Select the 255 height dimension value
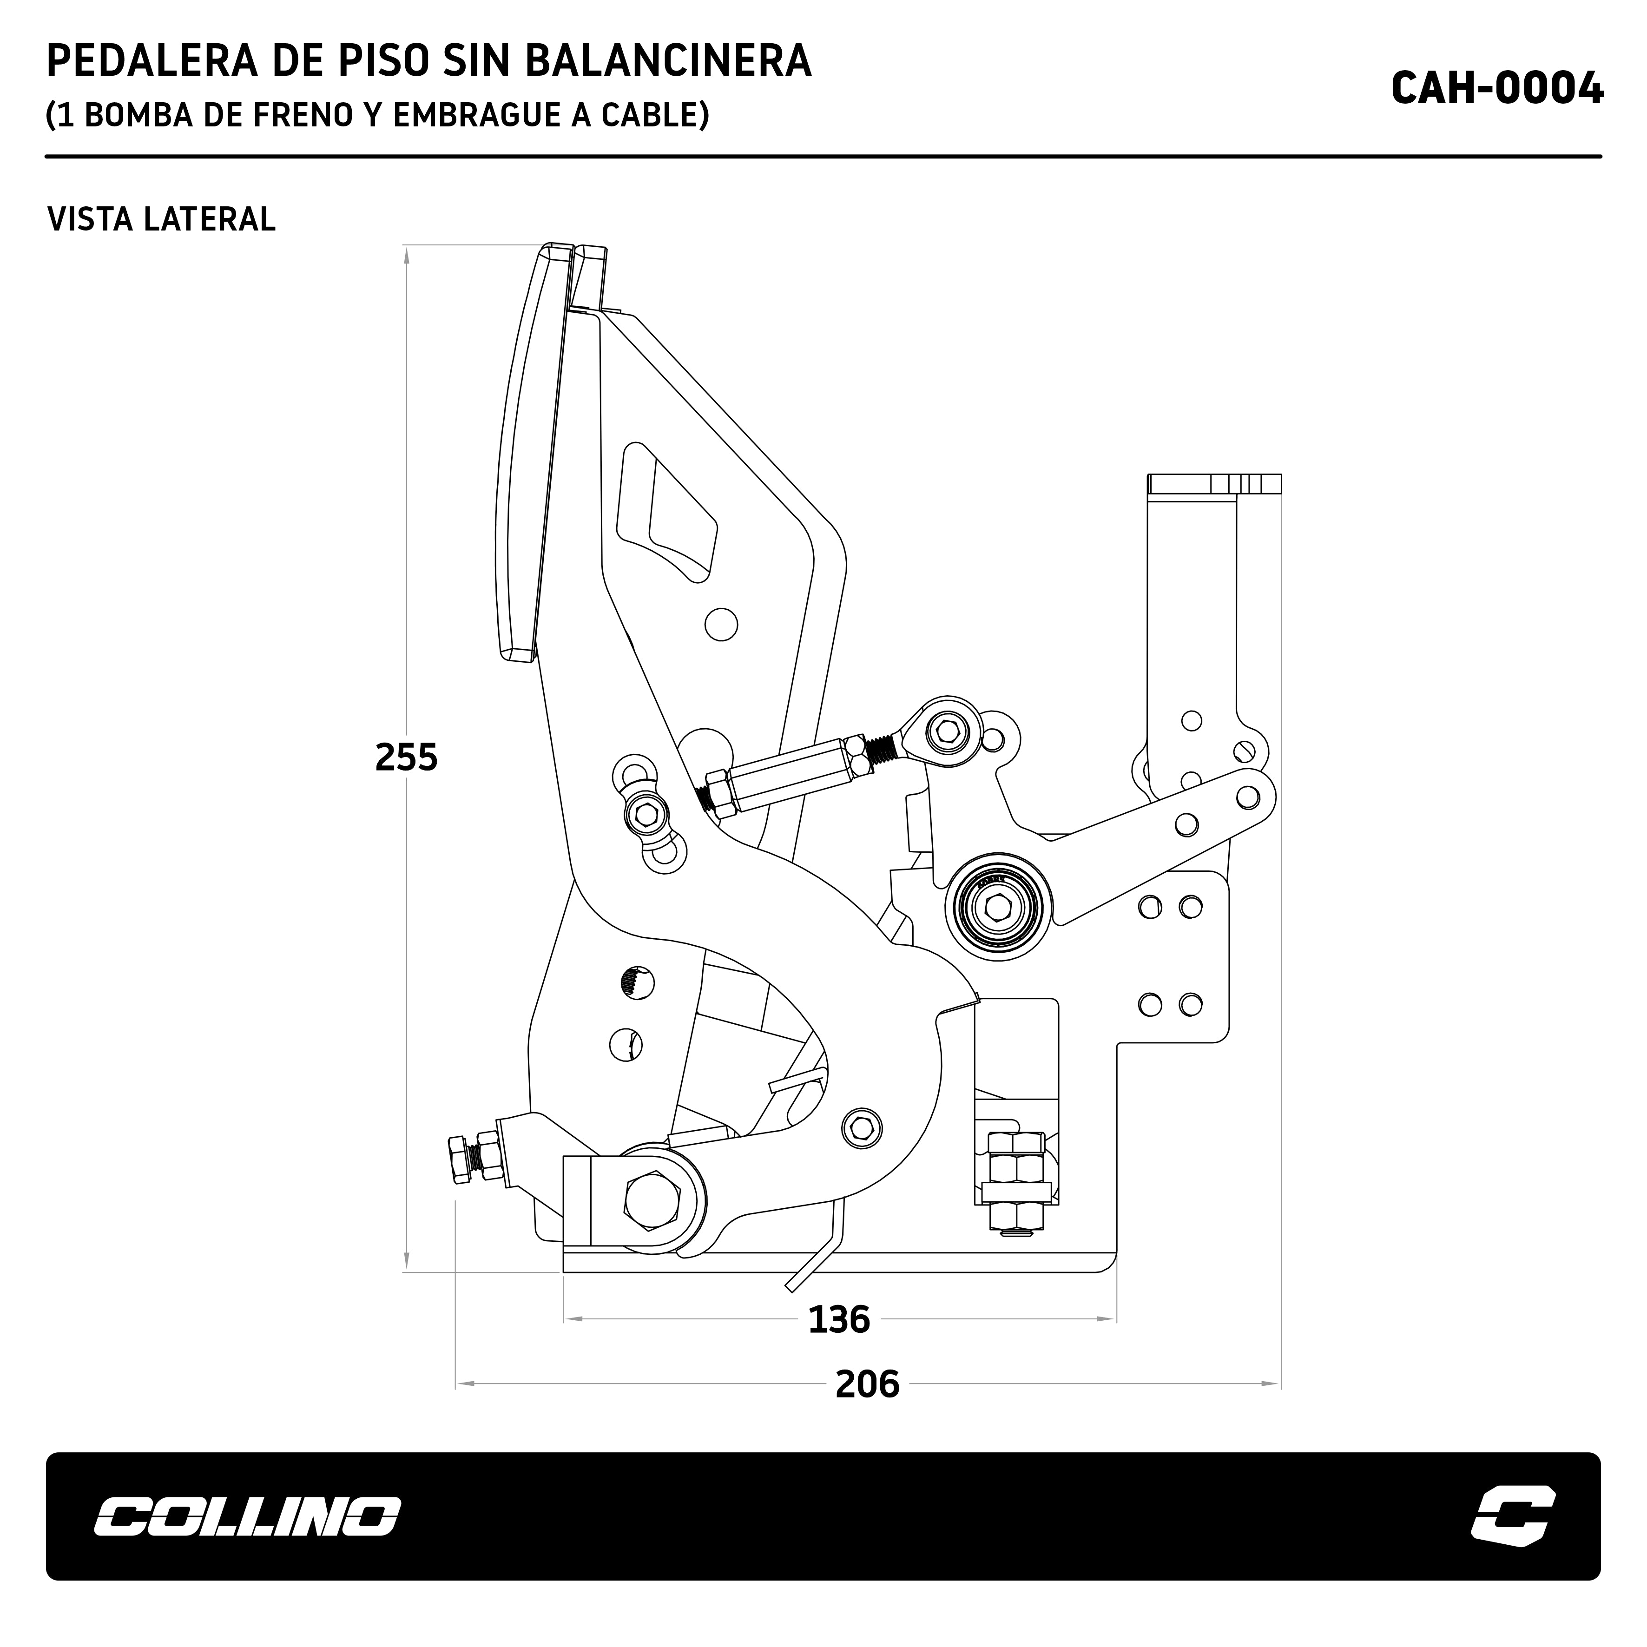coord(406,757)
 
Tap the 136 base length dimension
coord(839,1320)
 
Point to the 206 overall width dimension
coord(867,1384)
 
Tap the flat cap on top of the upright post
coord(1214,484)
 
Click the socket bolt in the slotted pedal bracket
coord(646,815)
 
